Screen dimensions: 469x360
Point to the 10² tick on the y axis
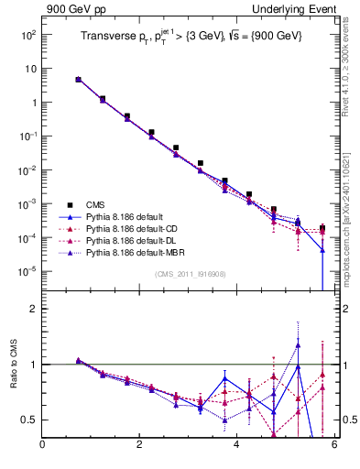27,35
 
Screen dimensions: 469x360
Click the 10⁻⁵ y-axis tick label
27,271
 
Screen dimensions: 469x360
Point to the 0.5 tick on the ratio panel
29,420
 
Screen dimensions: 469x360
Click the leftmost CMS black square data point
79,80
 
